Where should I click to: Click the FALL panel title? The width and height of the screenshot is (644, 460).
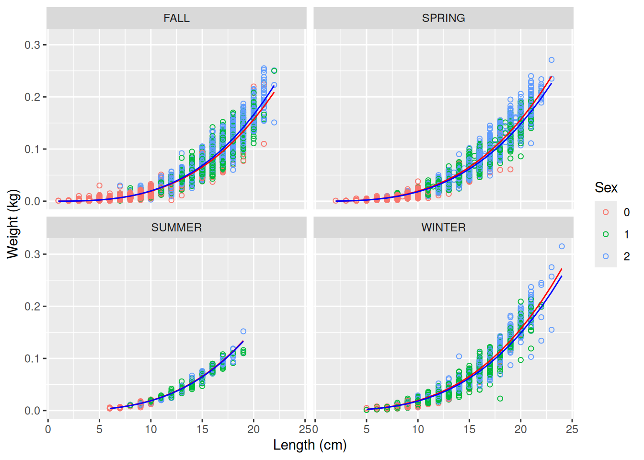pyautogui.click(x=176, y=18)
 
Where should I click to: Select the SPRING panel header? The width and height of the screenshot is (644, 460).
pyautogui.click(x=443, y=18)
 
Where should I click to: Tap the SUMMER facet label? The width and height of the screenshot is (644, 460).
pyautogui.click(x=176, y=228)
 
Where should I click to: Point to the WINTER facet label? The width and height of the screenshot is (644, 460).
pyautogui.click(x=443, y=228)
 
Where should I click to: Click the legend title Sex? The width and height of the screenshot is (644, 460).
pyautogui.click(x=606, y=188)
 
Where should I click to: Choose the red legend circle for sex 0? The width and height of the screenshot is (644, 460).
pyautogui.click(x=606, y=212)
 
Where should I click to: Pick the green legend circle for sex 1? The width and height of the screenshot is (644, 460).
pyautogui.click(x=606, y=234)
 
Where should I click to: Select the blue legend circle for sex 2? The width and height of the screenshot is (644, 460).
pyautogui.click(x=606, y=256)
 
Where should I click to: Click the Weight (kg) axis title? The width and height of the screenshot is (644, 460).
pyautogui.click(x=12, y=224)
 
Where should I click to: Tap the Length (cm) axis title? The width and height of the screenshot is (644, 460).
pyautogui.click(x=310, y=445)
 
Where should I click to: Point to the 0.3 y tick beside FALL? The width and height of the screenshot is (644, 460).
pyautogui.click(x=32, y=45)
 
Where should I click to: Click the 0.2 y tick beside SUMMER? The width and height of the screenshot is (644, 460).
pyautogui.click(x=32, y=307)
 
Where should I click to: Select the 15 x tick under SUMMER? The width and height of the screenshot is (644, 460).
pyautogui.click(x=202, y=429)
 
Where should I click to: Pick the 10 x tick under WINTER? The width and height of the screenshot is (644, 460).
pyautogui.click(x=418, y=429)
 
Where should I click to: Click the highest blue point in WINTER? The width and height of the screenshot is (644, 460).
pyautogui.click(x=562, y=246)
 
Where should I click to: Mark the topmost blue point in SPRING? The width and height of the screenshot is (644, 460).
pyautogui.click(x=552, y=60)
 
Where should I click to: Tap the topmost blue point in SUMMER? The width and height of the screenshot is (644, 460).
pyautogui.click(x=243, y=331)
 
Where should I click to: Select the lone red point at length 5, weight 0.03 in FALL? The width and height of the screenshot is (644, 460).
pyautogui.click(x=100, y=185)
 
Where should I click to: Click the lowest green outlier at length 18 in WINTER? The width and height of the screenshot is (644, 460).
pyautogui.click(x=500, y=399)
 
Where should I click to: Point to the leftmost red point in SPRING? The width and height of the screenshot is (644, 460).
pyautogui.click(x=335, y=201)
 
